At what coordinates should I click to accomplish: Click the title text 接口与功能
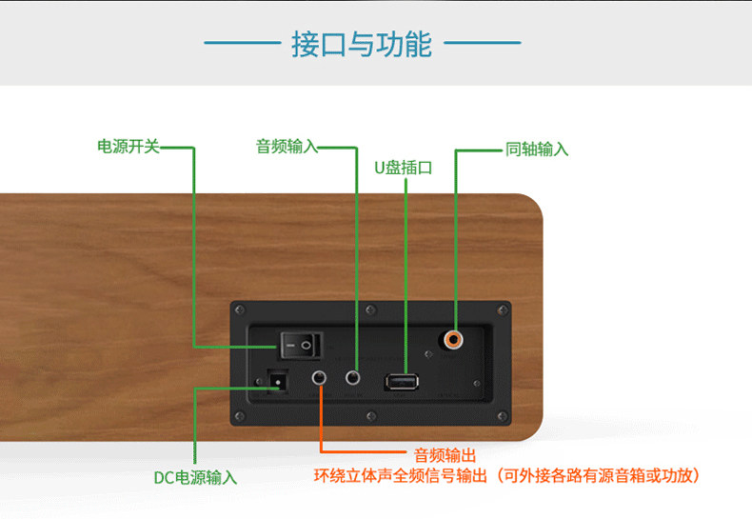tap(362, 44)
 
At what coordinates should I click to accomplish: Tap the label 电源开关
tap(129, 147)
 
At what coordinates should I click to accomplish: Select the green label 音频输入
tap(286, 147)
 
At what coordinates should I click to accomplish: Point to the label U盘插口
tap(404, 168)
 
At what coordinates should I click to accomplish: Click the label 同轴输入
tap(537, 150)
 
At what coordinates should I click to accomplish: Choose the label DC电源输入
tap(196, 477)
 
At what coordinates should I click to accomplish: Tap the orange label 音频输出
tap(445, 456)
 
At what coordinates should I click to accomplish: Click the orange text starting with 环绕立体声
tap(507, 475)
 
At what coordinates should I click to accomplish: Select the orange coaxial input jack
tap(454, 337)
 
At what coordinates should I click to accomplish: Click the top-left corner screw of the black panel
tap(239, 310)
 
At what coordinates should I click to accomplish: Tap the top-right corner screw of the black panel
tap(502, 310)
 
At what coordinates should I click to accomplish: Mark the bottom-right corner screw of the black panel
tap(502, 414)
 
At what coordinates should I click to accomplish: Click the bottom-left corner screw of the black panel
tap(239, 414)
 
